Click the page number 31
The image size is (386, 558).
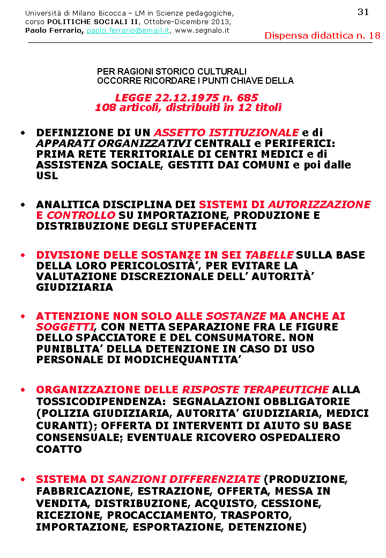[363, 12]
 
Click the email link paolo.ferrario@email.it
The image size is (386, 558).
[128, 31]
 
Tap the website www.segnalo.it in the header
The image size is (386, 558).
[202, 31]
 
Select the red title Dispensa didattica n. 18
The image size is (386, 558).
[322, 36]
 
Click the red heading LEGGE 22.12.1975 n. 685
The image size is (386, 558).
[187, 98]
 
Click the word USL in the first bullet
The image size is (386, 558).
[47, 176]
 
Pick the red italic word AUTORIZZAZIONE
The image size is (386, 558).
[319, 204]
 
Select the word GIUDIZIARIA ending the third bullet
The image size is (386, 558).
[75, 288]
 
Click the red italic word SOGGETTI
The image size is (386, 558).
[65, 327]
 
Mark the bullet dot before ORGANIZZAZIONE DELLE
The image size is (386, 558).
[23, 390]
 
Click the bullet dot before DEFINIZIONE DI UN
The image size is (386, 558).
[23, 133]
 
